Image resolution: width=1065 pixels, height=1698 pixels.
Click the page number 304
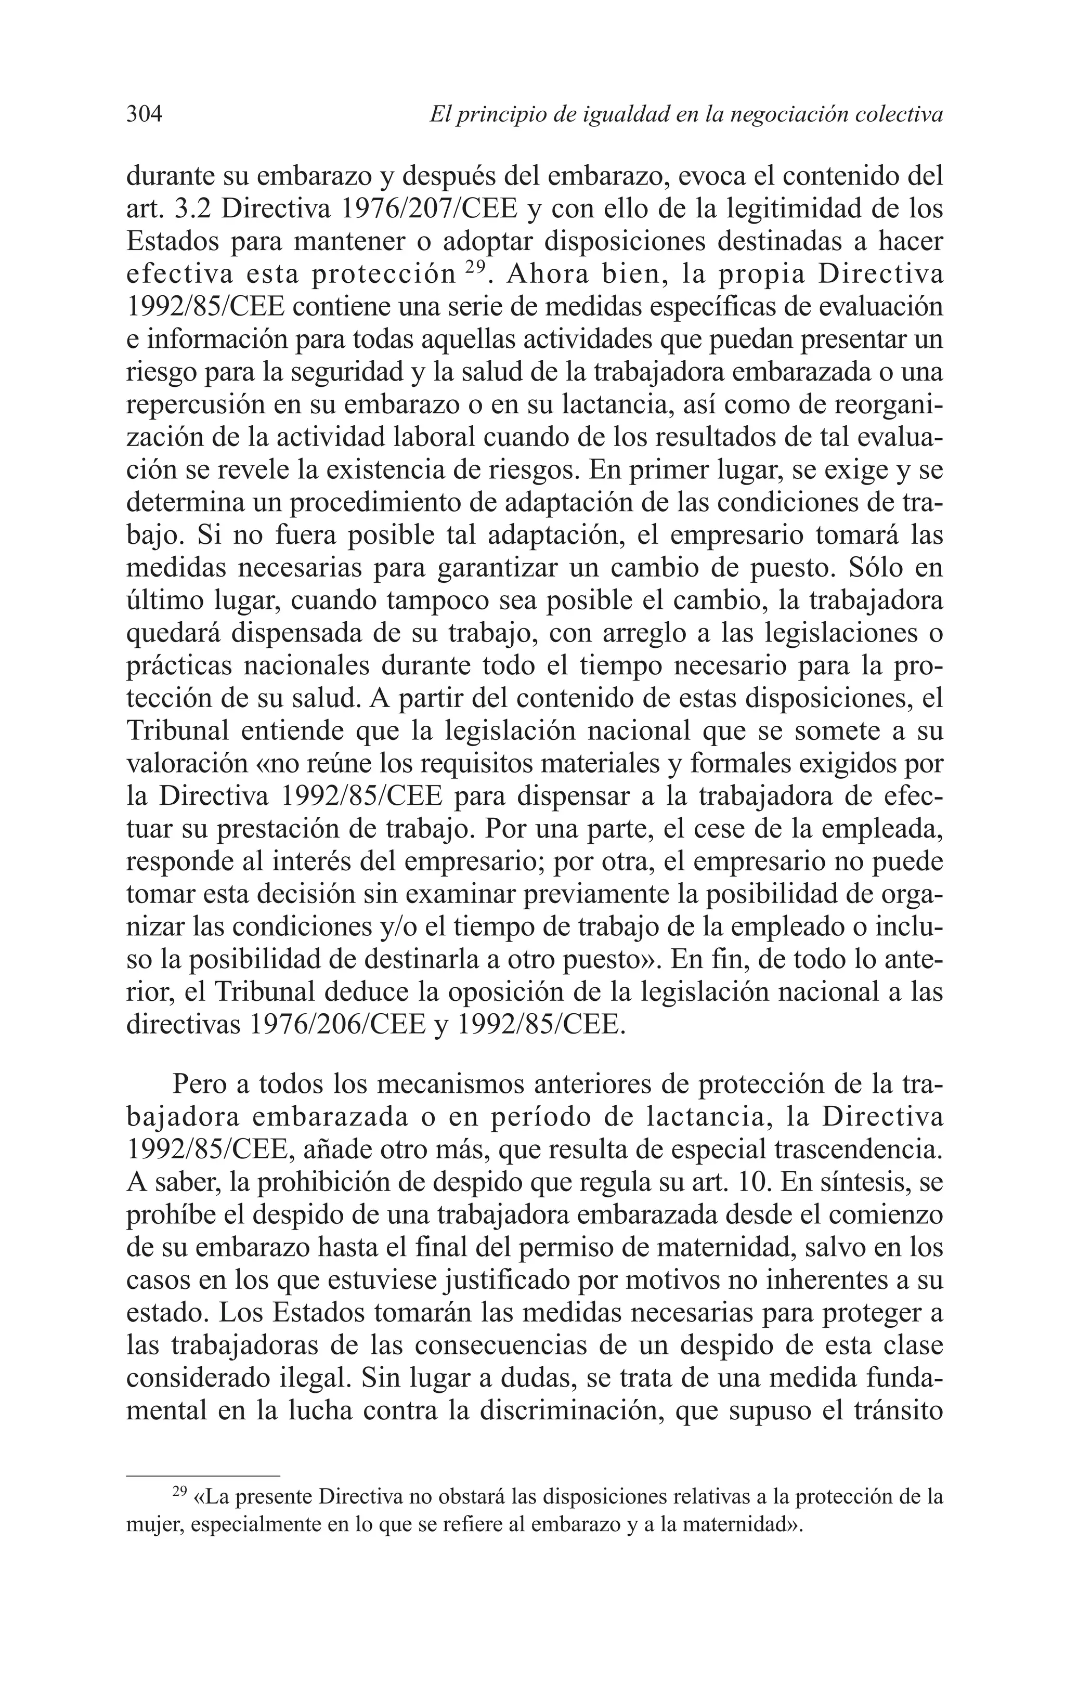click(145, 114)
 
